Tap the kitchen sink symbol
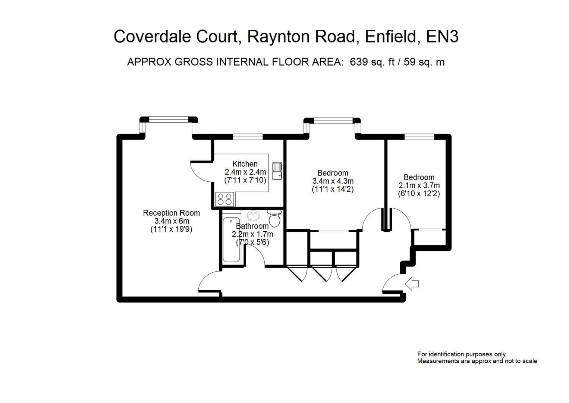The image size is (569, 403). pos(277,171)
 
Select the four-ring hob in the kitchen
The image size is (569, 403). pos(224,199)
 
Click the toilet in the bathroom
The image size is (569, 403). pos(275,218)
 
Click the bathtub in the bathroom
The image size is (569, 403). pos(231,239)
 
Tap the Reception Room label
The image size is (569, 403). pos(172,213)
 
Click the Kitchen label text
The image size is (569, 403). pos(245,164)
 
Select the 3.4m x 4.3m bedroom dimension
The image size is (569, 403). pos(333,181)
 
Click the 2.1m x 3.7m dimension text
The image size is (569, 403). pos(419,185)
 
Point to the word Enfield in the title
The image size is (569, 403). pos(390,37)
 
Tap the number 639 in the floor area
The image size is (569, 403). pos(358,62)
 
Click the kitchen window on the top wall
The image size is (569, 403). pos(248,137)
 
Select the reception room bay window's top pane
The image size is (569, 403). pos(169,119)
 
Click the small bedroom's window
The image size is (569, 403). pos(419,137)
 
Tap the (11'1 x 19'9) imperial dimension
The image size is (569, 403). pos(171,229)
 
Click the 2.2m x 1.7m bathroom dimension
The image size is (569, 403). pos(252,234)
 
